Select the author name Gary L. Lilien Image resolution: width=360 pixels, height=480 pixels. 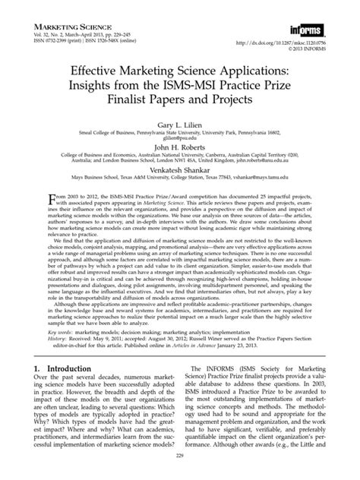179,122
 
